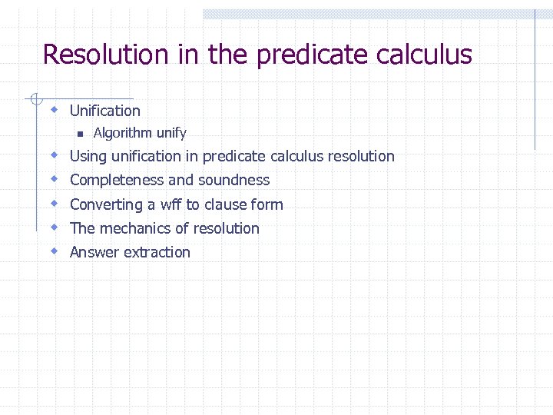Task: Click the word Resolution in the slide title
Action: click(105, 55)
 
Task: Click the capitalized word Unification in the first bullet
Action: click(105, 111)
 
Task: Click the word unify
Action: click(171, 134)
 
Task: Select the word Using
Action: click(88, 156)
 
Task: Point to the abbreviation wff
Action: click(171, 204)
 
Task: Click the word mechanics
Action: click(132, 228)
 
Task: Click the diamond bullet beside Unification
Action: click(55, 110)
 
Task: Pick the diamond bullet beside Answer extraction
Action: click(55, 251)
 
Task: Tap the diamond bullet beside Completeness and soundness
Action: click(55, 179)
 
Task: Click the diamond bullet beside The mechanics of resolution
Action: click(55, 227)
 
